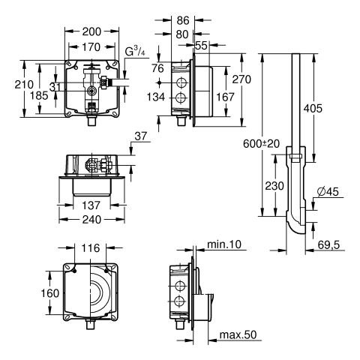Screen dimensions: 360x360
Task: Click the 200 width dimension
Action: [91, 31]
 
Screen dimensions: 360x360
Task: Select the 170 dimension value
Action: [91, 47]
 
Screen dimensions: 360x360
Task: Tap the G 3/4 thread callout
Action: [135, 52]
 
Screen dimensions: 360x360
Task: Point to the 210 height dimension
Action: [24, 84]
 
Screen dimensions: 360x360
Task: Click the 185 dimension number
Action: [39, 95]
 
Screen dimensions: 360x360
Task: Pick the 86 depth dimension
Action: [183, 20]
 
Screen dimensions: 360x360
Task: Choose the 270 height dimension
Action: [241, 79]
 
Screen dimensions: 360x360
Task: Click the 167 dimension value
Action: [225, 97]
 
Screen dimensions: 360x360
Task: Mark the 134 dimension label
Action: [156, 97]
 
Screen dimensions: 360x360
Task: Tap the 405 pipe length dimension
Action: [313, 108]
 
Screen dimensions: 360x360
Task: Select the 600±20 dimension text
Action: [261, 144]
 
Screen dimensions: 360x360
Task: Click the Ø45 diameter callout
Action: [328, 192]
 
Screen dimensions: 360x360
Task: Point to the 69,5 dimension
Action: [328, 245]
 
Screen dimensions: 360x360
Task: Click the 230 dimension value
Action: [274, 186]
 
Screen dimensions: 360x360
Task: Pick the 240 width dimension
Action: [91, 220]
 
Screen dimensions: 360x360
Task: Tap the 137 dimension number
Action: [91, 205]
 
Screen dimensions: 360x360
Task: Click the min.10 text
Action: [224, 244]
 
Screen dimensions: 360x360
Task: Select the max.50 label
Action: [238, 334]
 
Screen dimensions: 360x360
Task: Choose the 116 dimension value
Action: [91, 248]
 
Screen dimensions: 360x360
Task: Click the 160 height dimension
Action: [50, 293]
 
